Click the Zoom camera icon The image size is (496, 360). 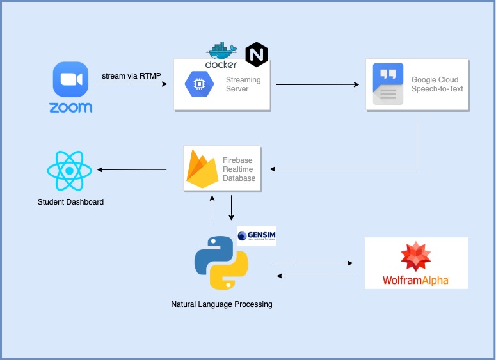click(x=70, y=79)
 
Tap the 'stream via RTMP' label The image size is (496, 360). click(x=131, y=77)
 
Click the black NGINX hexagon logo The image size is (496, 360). click(x=257, y=54)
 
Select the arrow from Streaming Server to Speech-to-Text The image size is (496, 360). click(x=317, y=84)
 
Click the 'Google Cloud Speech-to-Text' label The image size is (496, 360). click(x=437, y=84)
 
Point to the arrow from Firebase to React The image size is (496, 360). click(x=132, y=169)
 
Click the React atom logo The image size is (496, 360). click(x=70, y=171)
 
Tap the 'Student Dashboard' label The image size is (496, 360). click(x=70, y=202)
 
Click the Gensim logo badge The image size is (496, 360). click(x=256, y=236)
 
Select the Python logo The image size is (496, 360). click(x=221, y=263)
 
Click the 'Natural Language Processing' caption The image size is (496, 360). click(x=221, y=304)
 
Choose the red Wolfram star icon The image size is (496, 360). click(x=416, y=256)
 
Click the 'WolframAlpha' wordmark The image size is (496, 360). click(x=416, y=280)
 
